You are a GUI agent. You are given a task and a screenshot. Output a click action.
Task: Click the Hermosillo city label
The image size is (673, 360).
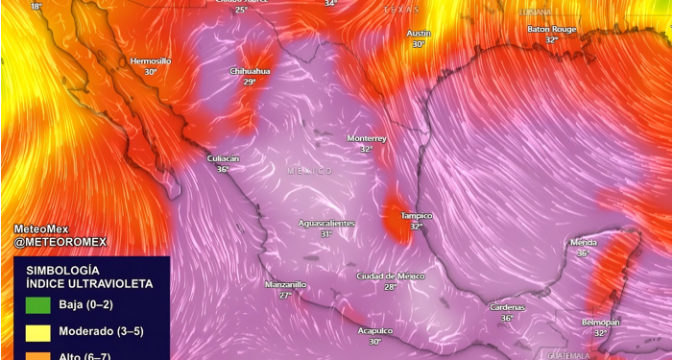tap(150, 60)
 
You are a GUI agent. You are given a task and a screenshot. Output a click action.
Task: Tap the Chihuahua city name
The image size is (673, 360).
tap(250, 71)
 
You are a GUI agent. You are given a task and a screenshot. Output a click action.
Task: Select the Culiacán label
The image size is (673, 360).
tap(223, 157)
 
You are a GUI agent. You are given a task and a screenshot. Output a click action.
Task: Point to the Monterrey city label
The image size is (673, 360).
tap(367, 138)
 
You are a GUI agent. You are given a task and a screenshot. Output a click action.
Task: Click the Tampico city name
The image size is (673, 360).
tap(417, 216)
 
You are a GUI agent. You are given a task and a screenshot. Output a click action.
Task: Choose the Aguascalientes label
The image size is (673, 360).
tap(326, 223)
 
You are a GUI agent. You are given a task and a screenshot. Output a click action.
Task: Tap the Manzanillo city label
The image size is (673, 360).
tap(285, 284)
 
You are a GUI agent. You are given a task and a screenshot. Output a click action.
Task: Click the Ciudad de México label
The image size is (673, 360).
tap(391, 276)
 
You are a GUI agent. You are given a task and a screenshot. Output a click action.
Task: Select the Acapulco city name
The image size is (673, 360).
tap(375, 330)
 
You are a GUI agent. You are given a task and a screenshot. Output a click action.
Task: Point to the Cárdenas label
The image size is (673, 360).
tap(507, 307)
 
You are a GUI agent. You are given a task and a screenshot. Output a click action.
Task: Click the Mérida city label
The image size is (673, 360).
tap(583, 243)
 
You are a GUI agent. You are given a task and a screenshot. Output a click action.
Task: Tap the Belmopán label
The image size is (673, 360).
tap(601, 322)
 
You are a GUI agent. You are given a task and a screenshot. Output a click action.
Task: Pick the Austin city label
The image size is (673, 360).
tap(419, 33)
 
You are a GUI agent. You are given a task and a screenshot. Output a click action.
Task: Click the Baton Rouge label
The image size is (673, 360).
tap(551, 29)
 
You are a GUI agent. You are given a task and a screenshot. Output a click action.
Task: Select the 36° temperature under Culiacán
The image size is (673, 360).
tap(223, 169)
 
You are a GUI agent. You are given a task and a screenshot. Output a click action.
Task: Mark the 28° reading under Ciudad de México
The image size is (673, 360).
tap(391, 287)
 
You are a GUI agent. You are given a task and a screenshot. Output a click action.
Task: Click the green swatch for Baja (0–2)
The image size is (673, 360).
tap(38, 306)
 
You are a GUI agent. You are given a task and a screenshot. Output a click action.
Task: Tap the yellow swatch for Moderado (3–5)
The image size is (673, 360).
tap(38, 332)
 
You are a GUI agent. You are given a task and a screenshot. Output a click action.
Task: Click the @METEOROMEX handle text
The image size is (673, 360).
tap(60, 242)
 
